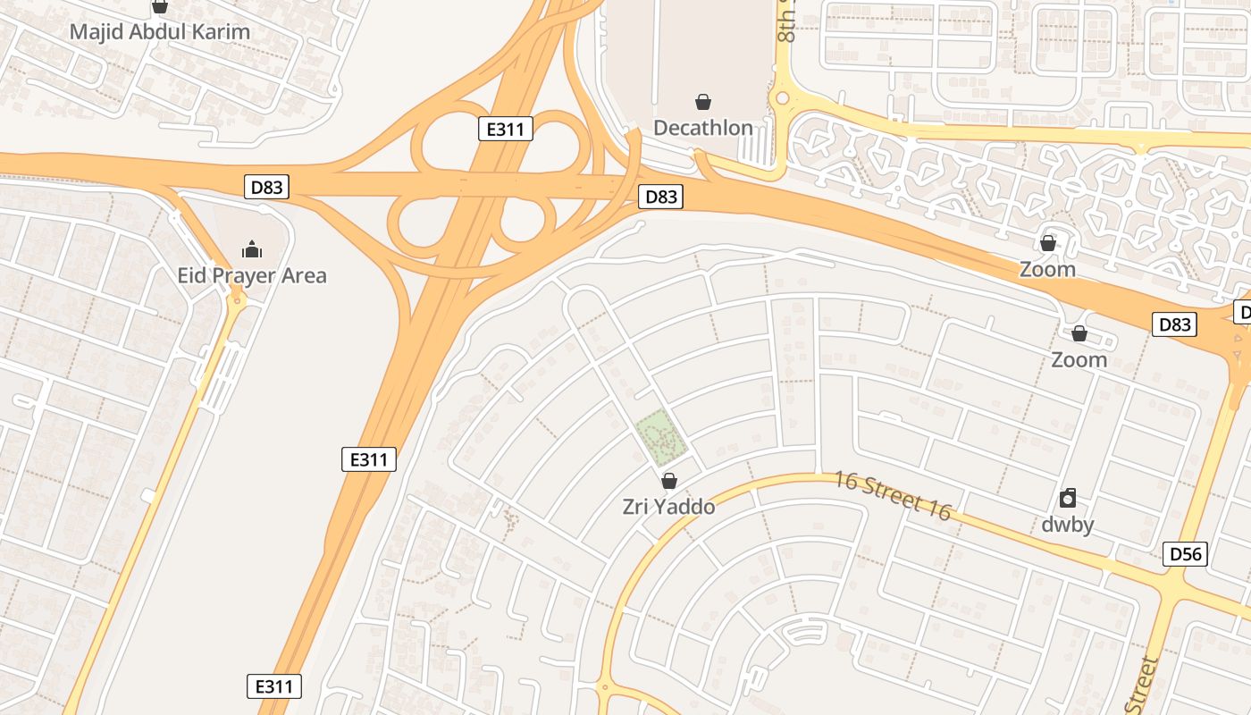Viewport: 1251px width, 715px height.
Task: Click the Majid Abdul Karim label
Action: tap(159, 31)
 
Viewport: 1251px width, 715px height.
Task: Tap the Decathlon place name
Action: tap(703, 128)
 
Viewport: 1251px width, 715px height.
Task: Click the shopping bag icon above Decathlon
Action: tap(703, 102)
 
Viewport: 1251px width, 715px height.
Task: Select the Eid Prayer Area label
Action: tap(252, 275)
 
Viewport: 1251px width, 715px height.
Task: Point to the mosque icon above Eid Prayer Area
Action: tap(252, 248)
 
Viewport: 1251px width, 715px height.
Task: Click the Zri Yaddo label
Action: tap(668, 507)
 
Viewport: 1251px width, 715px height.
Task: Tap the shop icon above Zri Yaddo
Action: tap(668, 481)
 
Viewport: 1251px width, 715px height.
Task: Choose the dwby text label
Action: tap(1067, 525)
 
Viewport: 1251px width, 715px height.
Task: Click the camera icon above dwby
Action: tap(1067, 498)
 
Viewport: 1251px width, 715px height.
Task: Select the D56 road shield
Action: tap(1186, 554)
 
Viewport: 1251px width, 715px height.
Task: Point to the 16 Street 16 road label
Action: tap(893, 495)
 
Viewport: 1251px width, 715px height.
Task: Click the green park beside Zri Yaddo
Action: tap(662, 436)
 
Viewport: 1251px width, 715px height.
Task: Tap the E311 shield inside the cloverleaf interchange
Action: tap(505, 130)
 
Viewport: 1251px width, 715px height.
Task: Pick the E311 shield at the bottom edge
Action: tap(273, 686)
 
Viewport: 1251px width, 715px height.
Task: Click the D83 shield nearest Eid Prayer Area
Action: tap(266, 187)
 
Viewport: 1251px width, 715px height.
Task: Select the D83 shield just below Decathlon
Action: tap(660, 197)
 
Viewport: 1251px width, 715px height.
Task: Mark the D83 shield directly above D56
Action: tap(1173, 324)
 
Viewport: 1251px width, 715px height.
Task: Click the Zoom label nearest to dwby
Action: tap(1079, 360)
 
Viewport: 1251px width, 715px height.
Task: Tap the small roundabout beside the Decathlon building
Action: tap(783, 97)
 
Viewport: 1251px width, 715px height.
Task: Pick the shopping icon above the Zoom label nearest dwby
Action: tap(1079, 333)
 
